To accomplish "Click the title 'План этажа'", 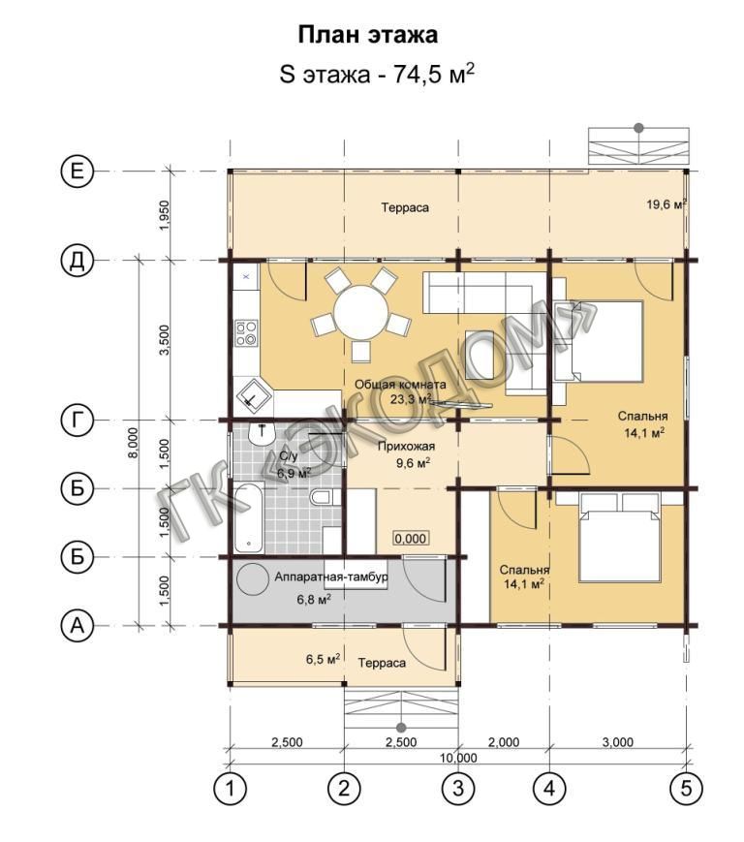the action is (368, 35).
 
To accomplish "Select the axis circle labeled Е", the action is (77, 172).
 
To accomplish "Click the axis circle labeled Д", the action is (77, 261).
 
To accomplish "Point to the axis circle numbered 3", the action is (458, 789).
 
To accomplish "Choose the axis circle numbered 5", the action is (687, 789).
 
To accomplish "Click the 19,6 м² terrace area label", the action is (666, 204).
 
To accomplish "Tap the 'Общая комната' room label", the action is (400, 385).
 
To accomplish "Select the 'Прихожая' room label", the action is (406, 447).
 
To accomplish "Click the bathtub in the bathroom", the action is (249, 517).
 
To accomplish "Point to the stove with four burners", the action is (246, 332).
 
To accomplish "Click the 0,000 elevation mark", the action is (411, 538).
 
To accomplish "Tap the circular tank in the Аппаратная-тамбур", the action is (252, 578).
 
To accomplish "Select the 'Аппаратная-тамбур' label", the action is (331, 577).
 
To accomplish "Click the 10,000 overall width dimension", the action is (458, 758).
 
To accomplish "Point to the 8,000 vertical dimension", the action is (134, 443).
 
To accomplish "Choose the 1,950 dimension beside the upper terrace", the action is (165, 215).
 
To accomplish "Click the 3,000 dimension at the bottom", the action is (618, 742).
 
